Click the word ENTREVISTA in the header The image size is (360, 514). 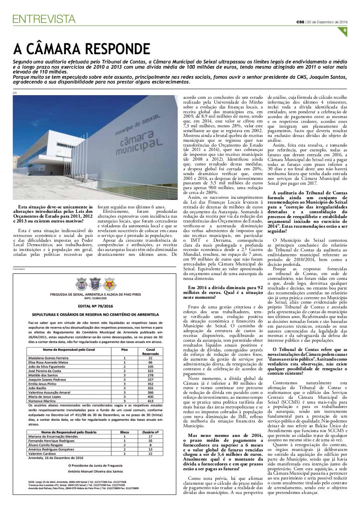coord(44,18)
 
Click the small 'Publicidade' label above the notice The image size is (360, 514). coord(18,269)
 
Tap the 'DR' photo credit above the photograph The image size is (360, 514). coord(15,93)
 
